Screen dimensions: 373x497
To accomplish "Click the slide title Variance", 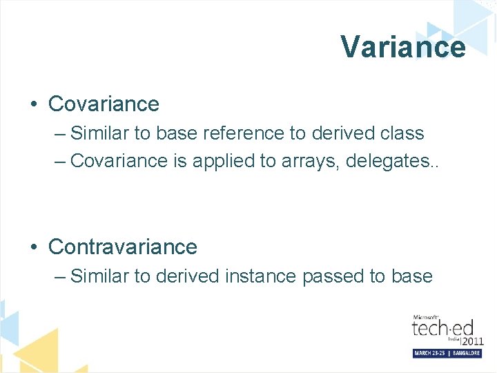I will click(402, 47).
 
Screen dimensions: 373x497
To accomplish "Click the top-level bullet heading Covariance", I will click(104, 104).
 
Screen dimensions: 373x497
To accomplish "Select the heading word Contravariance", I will click(123, 247).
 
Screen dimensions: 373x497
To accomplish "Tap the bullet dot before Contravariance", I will click(34, 247).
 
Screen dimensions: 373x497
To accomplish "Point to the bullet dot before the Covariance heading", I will click(34, 104).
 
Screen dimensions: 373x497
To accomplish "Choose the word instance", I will click(258, 276).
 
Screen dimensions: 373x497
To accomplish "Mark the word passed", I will click(333, 277).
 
